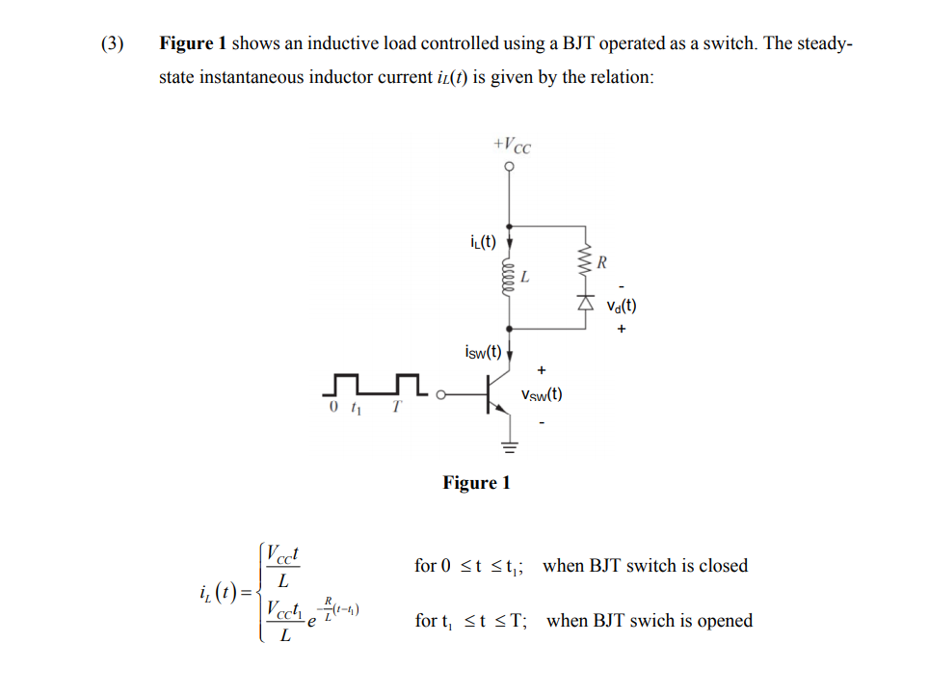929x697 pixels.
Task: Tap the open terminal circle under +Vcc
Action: coord(510,166)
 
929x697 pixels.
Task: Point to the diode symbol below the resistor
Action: coord(583,302)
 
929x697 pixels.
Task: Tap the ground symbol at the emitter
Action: coord(510,446)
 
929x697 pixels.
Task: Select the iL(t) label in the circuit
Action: coord(479,242)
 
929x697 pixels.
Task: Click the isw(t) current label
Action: coord(482,351)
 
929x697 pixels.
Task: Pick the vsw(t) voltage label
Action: coord(542,394)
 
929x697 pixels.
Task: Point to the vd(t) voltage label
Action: coord(623,308)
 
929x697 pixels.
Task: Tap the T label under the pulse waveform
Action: coord(395,408)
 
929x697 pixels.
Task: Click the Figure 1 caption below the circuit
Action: coord(476,483)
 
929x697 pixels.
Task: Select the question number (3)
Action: coord(113,44)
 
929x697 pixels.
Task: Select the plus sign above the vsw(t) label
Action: coord(542,369)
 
